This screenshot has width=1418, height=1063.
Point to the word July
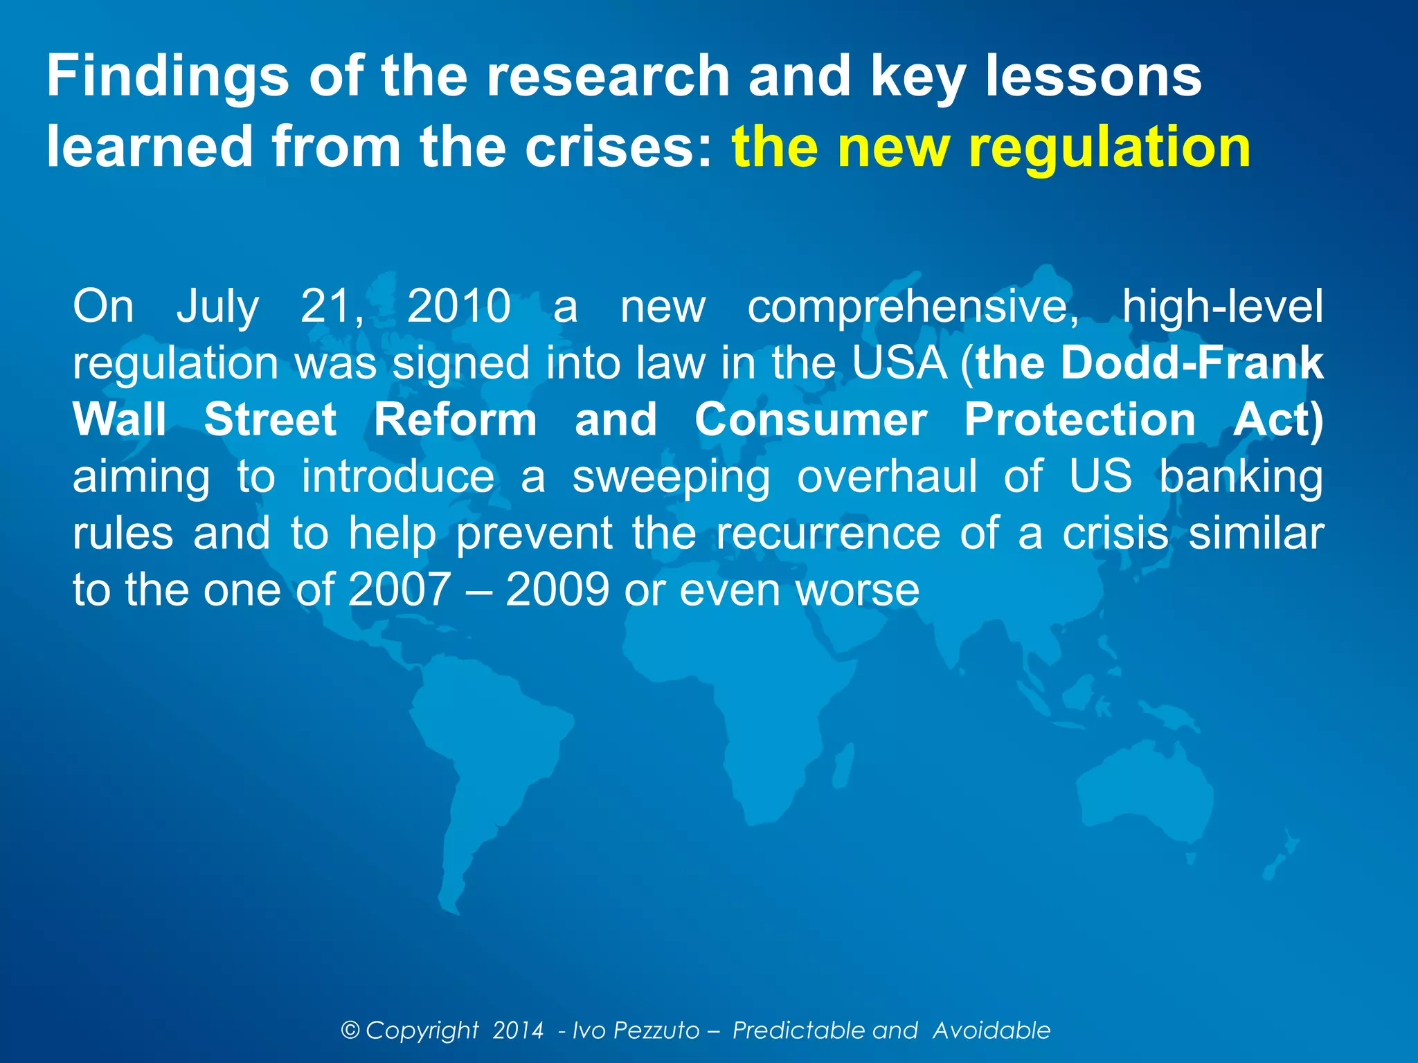pyautogui.click(x=217, y=307)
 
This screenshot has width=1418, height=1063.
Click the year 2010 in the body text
pyautogui.click(x=458, y=307)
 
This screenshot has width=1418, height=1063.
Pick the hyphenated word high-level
pyautogui.click(x=1222, y=307)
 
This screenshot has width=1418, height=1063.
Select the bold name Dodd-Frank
pyautogui.click(x=1192, y=363)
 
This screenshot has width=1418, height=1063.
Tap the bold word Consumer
pyautogui.click(x=811, y=420)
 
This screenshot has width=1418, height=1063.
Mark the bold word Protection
pyautogui.click(x=1079, y=420)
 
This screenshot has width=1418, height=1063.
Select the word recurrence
pyautogui.click(x=828, y=534)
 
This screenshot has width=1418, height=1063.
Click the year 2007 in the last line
pyautogui.click(x=400, y=590)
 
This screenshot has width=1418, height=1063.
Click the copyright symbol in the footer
pyautogui.click(x=351, y=1030)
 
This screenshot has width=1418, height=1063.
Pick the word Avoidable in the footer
pyautogui.click(x=991, y=1030)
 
